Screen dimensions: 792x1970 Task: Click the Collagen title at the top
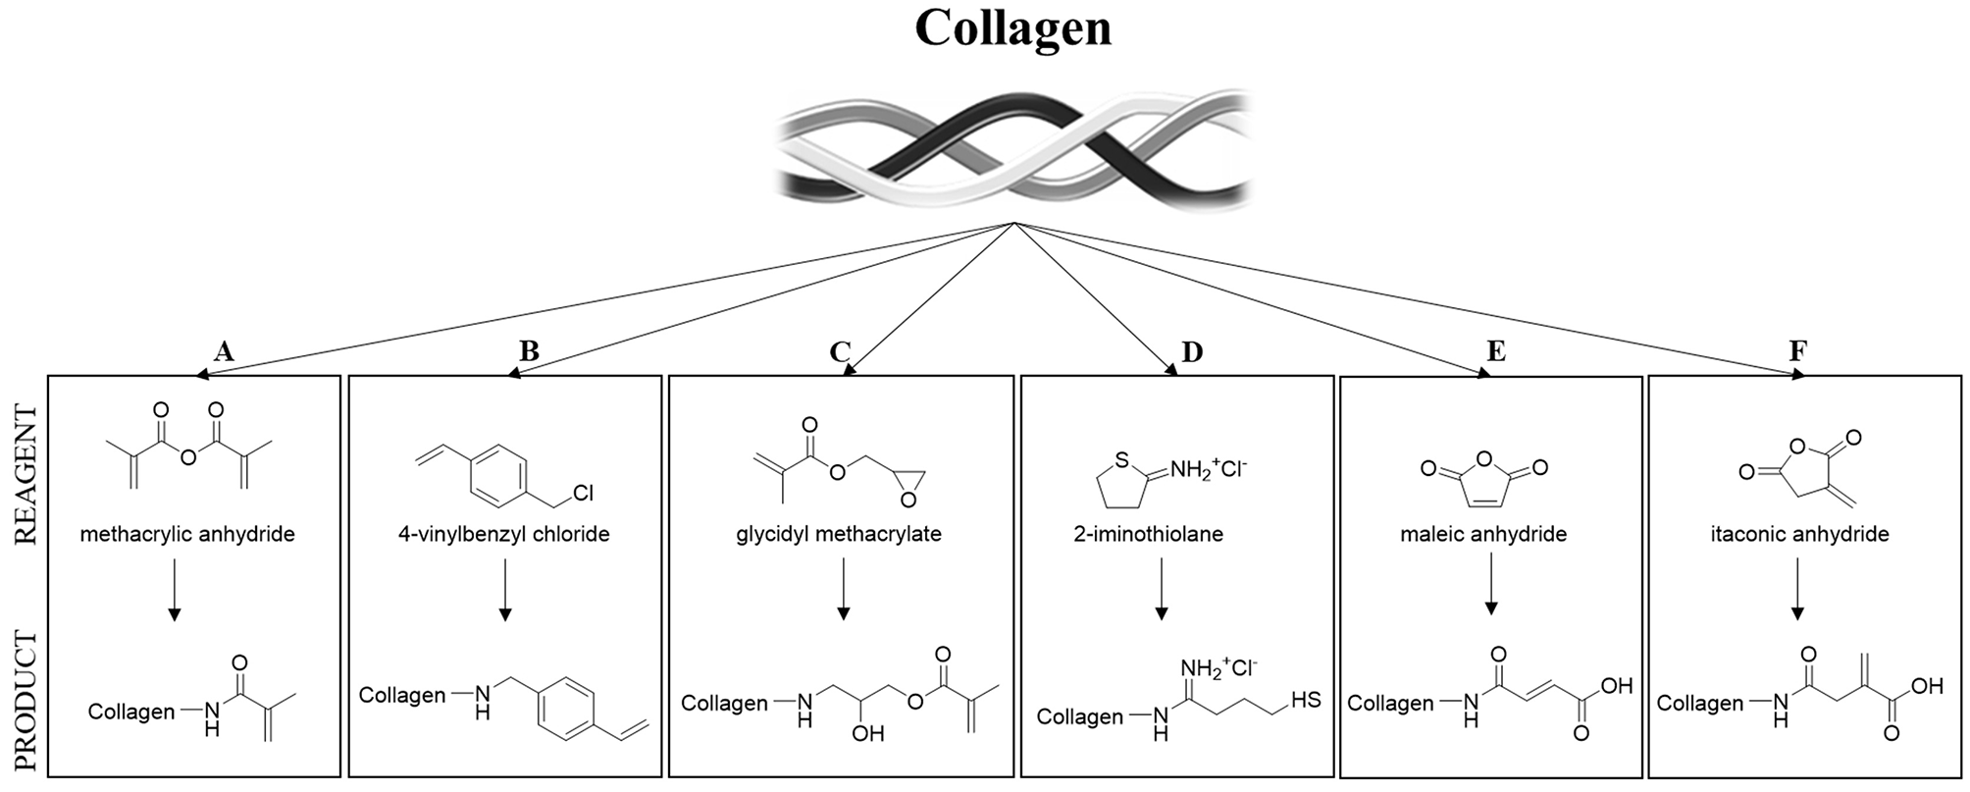(1012, 27)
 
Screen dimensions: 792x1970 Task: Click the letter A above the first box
(224, 351)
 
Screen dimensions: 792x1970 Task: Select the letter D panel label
(1192, 351)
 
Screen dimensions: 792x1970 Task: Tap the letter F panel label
(1798, 351)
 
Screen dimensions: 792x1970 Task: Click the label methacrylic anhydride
(187, 535)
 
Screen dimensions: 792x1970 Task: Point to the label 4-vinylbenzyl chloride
(503, 535)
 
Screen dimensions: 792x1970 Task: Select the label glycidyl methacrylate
(839, 535)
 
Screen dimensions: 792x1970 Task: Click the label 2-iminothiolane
(1149, 535)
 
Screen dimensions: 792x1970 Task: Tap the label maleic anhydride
(1483, 535)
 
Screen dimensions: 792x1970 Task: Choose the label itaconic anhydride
(1799, 535)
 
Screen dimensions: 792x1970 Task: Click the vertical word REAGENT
(26, 475)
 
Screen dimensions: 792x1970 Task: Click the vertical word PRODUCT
(26, 701)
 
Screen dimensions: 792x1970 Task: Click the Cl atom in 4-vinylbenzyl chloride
(583, 494)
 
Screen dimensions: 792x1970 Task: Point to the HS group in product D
(1306, 700)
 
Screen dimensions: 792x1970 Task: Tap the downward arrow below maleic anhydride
(1491, 584)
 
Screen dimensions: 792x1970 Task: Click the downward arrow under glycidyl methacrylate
(843, 589)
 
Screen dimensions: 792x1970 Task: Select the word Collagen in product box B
(402, 695)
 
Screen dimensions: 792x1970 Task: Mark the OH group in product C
(867, 733)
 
